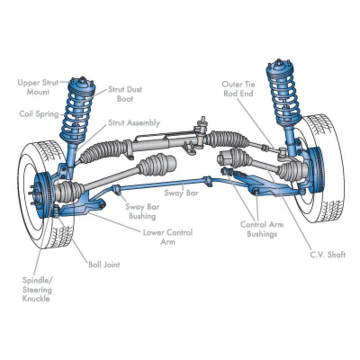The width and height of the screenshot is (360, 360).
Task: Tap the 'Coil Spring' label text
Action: pos(39,114)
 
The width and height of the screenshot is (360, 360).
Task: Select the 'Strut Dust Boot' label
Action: pos(125,94)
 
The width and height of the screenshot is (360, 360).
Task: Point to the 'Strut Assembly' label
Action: pos(134,122)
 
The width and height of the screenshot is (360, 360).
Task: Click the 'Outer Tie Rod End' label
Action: pos(238,89)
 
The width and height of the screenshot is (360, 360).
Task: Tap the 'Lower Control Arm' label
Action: pos(167,237)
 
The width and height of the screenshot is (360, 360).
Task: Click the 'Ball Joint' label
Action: pos(104,265)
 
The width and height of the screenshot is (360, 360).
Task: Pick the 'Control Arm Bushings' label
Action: pos(262,229)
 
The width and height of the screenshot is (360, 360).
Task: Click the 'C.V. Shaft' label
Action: pos(327,255)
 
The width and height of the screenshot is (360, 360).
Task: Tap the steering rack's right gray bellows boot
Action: pos(227,139)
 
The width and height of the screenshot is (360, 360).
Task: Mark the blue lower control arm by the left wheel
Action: pos(81,208)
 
